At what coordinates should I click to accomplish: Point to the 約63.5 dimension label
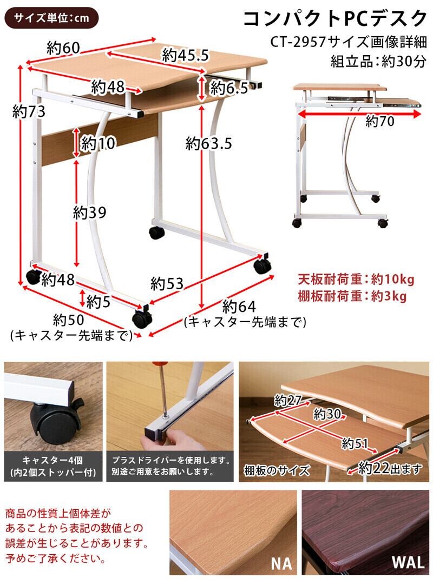click(208, 143)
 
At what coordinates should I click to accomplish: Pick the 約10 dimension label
click(98, 144)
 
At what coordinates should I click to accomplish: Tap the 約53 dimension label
click(167, 283)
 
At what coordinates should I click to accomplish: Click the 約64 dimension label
click(239, 307)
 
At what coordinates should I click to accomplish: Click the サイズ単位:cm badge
click(52, 18)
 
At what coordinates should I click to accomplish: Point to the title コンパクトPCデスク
click(334, 19)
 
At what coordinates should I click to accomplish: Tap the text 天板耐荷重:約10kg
click(356, 280)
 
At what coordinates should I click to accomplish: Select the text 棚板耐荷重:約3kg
click(352, 296)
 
